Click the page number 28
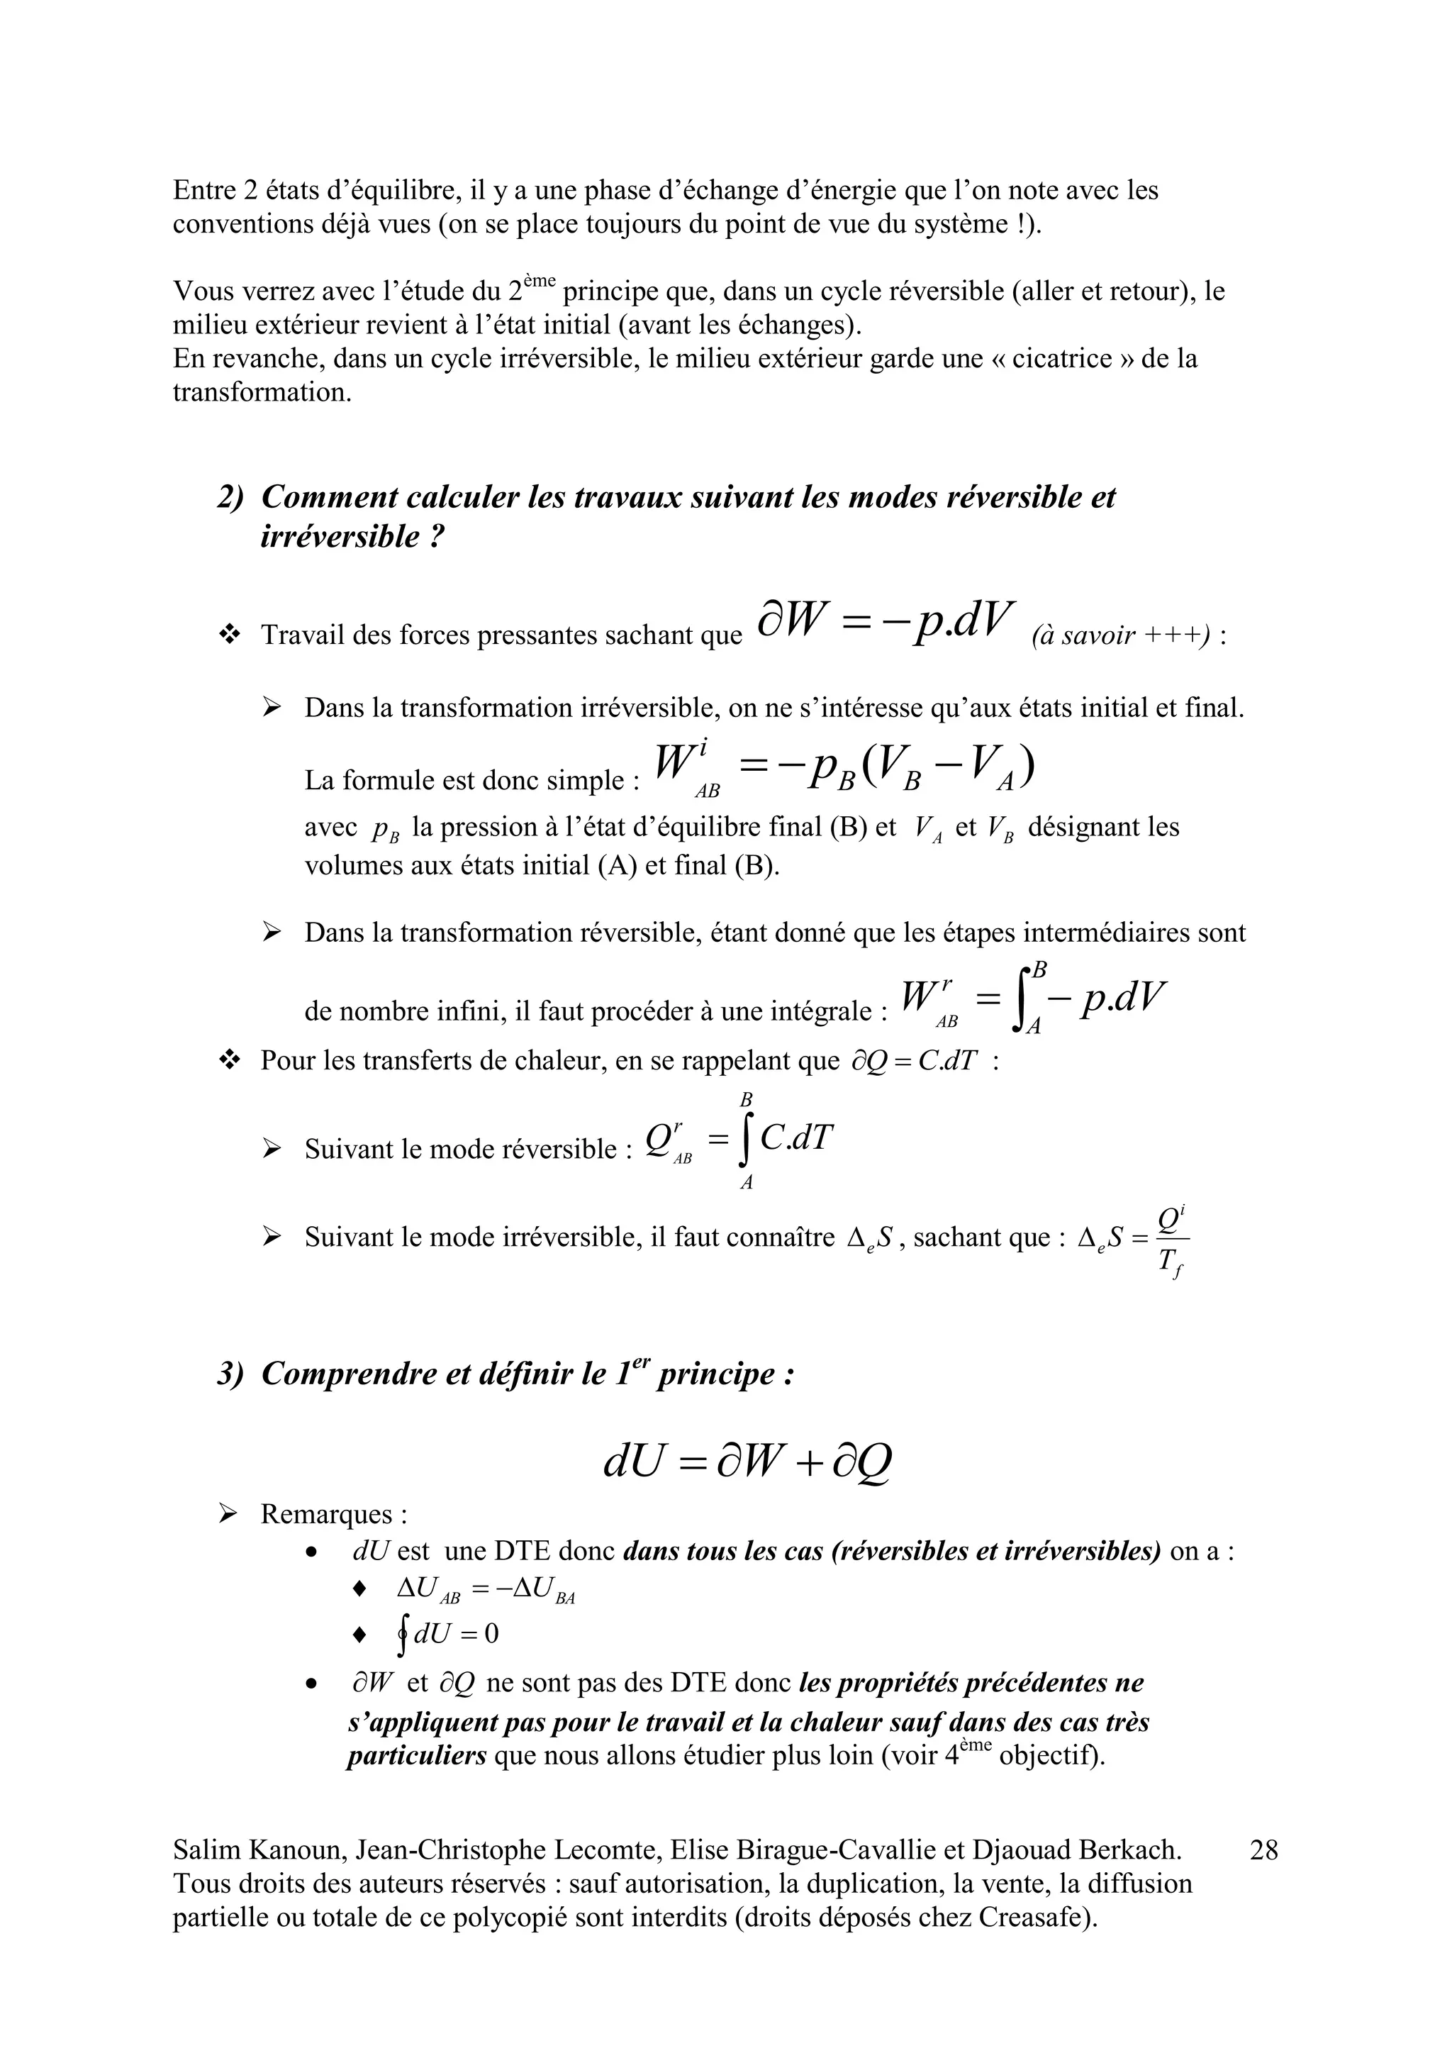(x=1263, y=1848)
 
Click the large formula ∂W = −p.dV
(x=885, y=619)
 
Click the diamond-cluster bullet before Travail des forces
(x=230, y=635)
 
